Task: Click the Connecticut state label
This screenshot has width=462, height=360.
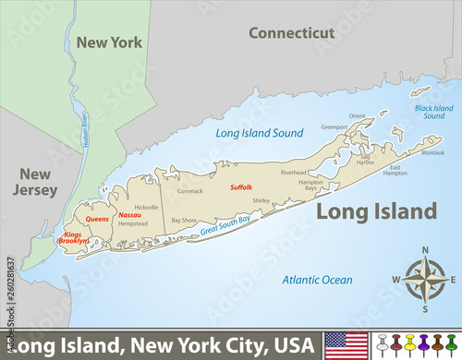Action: click(290, 33)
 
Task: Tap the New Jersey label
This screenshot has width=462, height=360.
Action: click(30, 182)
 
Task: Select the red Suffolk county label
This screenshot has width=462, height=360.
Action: click(241, 187)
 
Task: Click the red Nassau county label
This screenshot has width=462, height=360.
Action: click(130, 215)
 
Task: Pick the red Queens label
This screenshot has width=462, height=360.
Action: click(97, 219)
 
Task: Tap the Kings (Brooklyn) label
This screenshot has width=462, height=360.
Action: click(72, 236)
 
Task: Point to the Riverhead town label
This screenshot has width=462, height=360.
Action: click(293, 172)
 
